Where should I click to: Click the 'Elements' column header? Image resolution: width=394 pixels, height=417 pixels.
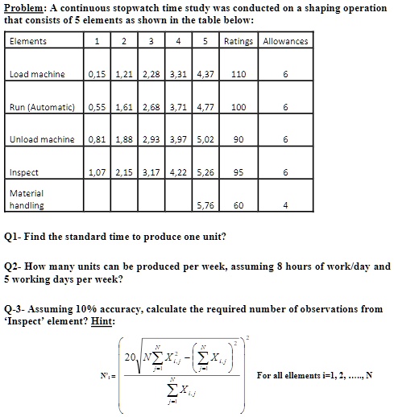[x=27, y=41]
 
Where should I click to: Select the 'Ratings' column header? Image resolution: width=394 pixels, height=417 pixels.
[x=238, y=41]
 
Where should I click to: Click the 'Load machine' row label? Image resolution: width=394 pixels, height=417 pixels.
[x=37, y=74]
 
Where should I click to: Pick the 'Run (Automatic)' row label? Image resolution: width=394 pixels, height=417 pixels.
[x=42, y=106]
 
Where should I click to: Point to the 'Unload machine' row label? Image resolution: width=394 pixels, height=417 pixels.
[x=42, y=139]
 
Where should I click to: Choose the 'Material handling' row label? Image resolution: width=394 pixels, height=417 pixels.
[x=27, y=199]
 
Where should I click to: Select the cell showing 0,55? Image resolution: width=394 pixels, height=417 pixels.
[x=97, y=106]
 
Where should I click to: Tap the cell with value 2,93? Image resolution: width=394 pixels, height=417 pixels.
[x=151, y=139]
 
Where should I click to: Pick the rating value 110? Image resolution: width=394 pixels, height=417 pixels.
[x=238, y=74]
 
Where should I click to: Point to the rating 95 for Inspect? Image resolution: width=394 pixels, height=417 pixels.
[x=238, y=172]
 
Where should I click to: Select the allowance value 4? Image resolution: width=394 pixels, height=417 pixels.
[x=285, y=205]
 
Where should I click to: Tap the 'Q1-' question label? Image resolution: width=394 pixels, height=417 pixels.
[x=14, y=237]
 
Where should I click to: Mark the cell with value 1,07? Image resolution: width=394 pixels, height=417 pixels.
[x=97, y=172]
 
